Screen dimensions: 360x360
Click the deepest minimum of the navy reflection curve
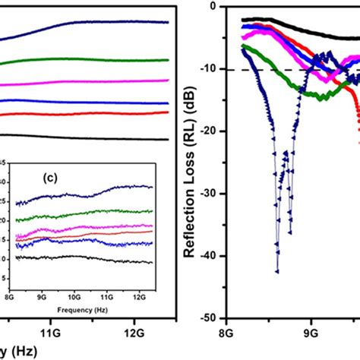coord(277,271)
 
